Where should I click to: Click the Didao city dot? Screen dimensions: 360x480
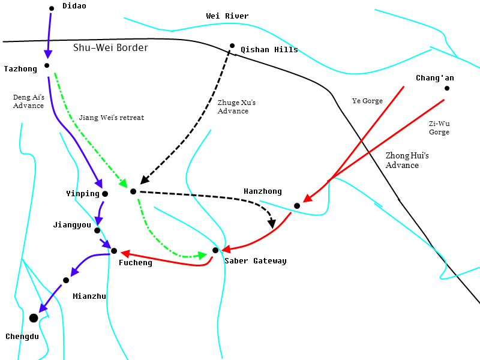tap(52, 8)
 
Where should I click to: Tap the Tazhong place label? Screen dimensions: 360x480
tap(20, 69)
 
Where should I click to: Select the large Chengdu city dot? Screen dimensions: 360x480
tap(34, 318)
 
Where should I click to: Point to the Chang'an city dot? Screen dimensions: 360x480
tap(447, 88)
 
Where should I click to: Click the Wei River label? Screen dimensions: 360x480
tap(227, 16)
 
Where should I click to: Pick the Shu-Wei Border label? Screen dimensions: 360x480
tap(110, 48)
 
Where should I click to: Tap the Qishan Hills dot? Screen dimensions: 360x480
tap(232, 46)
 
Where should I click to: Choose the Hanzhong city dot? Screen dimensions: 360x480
tap(297, 206)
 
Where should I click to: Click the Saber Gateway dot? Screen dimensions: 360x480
tap(215, 250)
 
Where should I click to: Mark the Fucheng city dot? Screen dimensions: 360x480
tap(114, 251)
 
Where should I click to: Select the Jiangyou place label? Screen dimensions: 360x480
tap(72, 225)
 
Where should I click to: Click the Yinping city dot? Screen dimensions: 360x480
tap(105, 194)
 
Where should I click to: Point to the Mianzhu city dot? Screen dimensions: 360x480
tap(66, 280)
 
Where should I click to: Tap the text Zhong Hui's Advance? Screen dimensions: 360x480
tap(407, 160)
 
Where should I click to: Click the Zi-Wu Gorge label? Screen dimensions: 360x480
tap(439, 128)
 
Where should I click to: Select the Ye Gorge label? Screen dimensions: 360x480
tap(367, 101)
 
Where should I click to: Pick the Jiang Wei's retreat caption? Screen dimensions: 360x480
tap(112, 118)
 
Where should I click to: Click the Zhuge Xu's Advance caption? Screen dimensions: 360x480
tap(236, 107)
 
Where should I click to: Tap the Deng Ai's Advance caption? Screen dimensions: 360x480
tap(28, 101)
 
